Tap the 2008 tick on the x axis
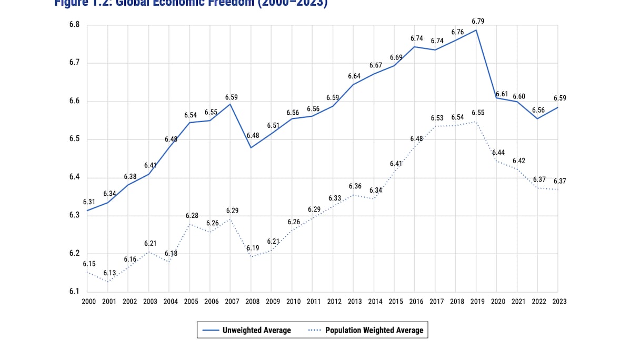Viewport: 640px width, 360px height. [251, 302]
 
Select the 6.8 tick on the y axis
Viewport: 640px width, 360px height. [74, 25]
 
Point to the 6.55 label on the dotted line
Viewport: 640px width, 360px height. [478, 113]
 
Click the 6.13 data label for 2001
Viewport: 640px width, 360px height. [109, 273]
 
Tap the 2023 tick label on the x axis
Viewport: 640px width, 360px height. [558, 302]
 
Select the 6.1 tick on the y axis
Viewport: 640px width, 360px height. [74, 292]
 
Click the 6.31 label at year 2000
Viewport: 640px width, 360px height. [89, 202]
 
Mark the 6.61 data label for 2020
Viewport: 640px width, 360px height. [502, 94]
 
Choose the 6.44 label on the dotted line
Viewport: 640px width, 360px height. [498, 153]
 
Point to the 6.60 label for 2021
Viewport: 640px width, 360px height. [518, 97]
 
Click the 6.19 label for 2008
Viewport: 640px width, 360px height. [253, 248]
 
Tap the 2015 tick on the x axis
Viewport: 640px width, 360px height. [394, 302]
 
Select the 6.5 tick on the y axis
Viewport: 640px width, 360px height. [74, 139]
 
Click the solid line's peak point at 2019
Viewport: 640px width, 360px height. [476, 30]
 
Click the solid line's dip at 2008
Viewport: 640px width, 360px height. [251, 147]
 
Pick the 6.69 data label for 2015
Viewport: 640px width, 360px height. [396, 57]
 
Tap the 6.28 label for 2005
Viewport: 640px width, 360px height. [191, 216]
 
